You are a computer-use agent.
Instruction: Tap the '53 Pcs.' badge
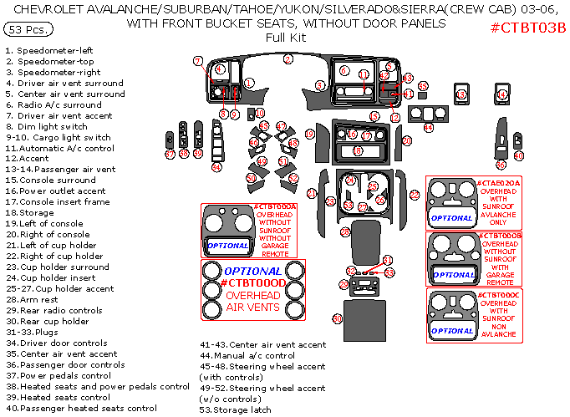pyautogui.click(x=28, y=29)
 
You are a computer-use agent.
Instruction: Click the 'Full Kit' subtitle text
pyautogui.click(x=286, y=38)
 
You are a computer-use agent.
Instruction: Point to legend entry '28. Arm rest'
pyautogui.click(x=36, y=300)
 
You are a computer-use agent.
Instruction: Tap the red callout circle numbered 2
pyautogui.click(x=288, y=59)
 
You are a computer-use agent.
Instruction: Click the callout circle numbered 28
pyautogui.click(x=344, y=231)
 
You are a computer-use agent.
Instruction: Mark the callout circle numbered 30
pyautogui.click(x=338, y=318)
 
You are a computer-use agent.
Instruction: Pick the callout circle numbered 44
pyautogui.click(x=428, y=128)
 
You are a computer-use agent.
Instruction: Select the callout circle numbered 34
pyautogui.click(x=216, y=167)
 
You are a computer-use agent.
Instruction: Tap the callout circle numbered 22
pyautogui.click(x=415, y=194)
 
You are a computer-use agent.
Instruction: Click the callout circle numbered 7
pyautogui.click(x=198, y=61)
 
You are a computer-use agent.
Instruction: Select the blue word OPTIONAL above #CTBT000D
pyautogui.click(x=252, y=271)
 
